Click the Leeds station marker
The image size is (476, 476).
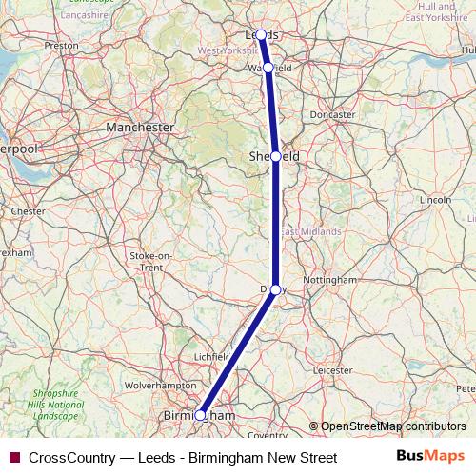pyautogui.click(x=261, y=35)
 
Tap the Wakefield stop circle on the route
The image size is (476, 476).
pyautogui.click(x=268, y=68)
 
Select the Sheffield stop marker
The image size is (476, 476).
pyautogui.click(x=276, y=156)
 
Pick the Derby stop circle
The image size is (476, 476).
pyautogui.click(x=275, y=289)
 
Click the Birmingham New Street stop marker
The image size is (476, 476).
pyautogui.click(x=200, y=415)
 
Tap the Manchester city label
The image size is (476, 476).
pyautogui.click(x=140, y=127)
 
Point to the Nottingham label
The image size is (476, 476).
pyautogui.click(x=328, y=280)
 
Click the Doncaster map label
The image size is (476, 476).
pyautogui.click(x=331, y=114)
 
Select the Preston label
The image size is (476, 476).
pyautogui.click(x=61, y=45)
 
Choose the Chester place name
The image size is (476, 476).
pyautogui.click(x=28, y=210)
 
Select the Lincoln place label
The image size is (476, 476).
pyautogui.click(x=434, y=200)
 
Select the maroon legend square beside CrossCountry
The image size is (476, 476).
pyautogui.click(x=14, y=458)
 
